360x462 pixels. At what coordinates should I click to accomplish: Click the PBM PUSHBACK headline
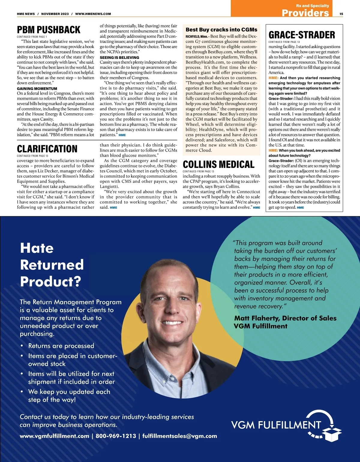pos(49,30)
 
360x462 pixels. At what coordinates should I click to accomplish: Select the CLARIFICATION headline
pos(47,149)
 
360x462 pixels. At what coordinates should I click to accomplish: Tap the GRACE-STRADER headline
pos(301,35)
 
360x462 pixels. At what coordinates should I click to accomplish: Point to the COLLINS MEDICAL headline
pos(218,165)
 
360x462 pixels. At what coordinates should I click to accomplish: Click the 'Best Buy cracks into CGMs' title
pos(221,30)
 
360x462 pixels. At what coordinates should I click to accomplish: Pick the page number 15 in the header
pos(341,14)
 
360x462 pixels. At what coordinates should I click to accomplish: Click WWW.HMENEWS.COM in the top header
pos(93,14)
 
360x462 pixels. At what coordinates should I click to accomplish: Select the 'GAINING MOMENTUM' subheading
pos(37,89)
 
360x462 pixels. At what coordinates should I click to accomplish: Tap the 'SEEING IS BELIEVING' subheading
pos(119,57)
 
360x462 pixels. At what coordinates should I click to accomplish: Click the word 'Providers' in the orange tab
pos(305,13)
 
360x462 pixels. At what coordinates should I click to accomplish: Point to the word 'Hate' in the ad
pos(37,248)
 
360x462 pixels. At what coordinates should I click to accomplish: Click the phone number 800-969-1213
pos(116,436)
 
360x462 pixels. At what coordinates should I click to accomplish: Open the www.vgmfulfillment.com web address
pos(54,436)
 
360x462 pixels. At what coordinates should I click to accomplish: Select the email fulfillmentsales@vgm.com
pos(179,436)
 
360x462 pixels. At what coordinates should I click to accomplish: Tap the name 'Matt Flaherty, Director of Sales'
pos(285,318)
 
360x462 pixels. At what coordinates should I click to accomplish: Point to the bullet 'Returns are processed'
pos(61,346)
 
